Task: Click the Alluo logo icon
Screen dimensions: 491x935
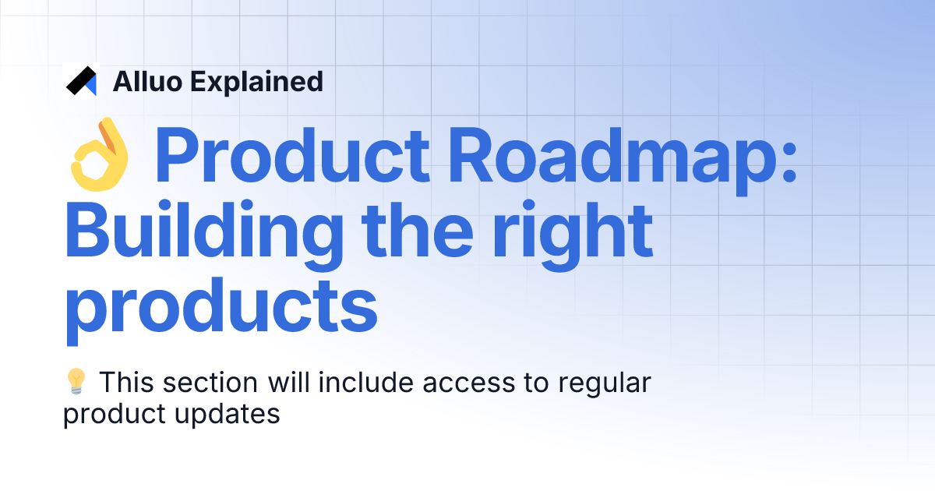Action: pos(81,80)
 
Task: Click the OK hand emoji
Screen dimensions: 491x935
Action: pos(99,154)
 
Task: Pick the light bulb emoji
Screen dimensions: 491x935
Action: pos(76,383)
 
